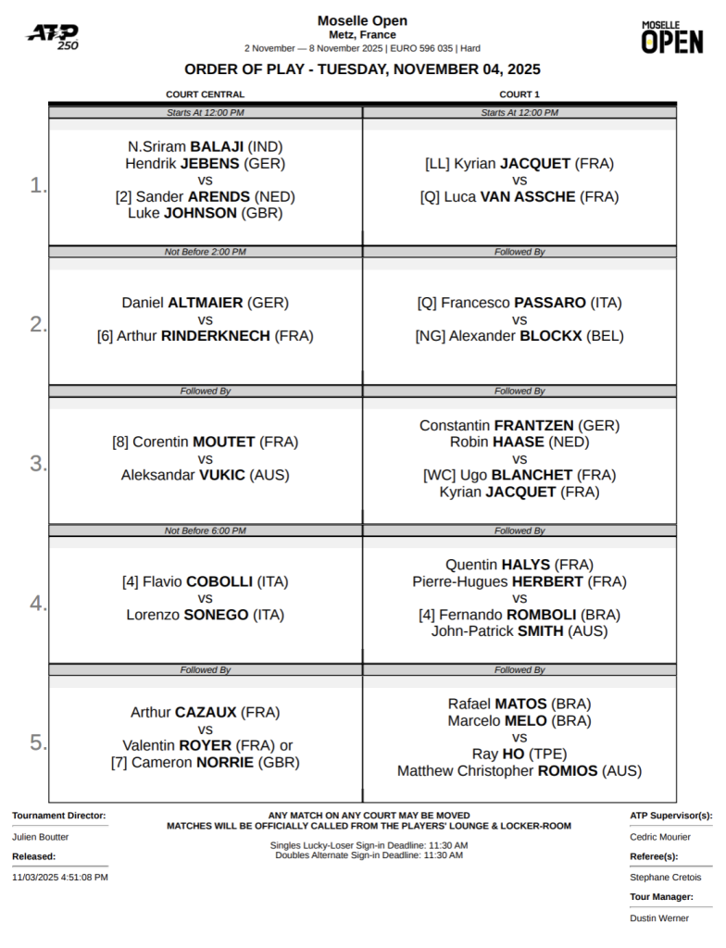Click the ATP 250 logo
[52, 36]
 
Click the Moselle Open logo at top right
[672, 37]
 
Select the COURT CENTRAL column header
[205, 94]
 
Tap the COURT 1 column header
[519, 94]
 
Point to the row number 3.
[37, 464]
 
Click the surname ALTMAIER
[206, 303]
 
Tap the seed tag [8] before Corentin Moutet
[120, 442]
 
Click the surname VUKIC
[222, 475]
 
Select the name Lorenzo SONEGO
[206, 615]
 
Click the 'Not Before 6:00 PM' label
[205, 530]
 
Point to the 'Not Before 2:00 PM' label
[205, 252]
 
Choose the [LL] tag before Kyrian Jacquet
[437, 164]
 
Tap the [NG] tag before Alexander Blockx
[430, 336]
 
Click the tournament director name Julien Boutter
[40, 837]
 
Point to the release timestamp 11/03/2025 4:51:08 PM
[60, 877]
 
